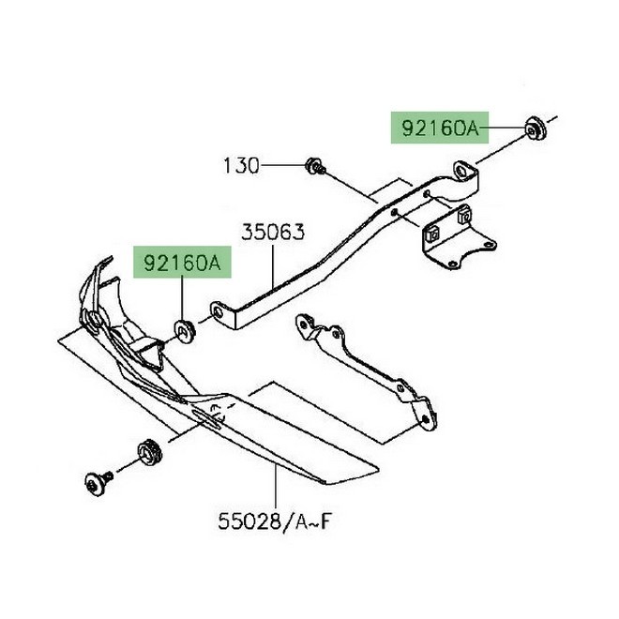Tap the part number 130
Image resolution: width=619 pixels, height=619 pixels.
tap(240, 167)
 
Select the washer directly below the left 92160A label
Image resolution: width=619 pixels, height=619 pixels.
tap(182, 329)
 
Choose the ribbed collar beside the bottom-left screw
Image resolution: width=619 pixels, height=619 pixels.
tap(145, 450)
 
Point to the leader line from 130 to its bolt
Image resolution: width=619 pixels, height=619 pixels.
tap(282, 167)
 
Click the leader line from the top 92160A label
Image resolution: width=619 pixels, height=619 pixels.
tap(506, 128)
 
